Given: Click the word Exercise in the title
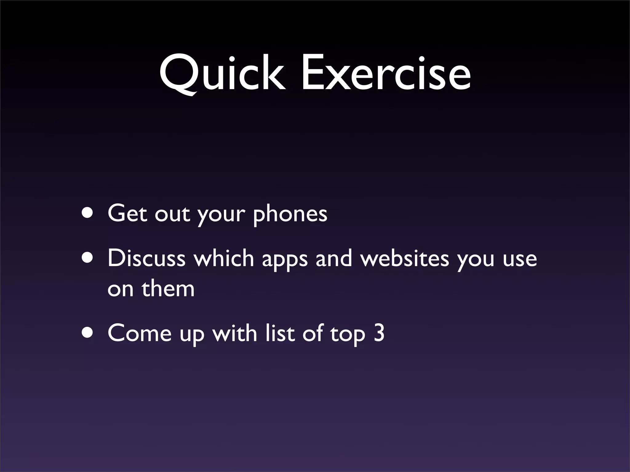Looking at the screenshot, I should (386, 74).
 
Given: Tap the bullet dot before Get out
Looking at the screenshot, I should (87, 213).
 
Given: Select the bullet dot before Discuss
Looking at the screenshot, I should (87, 258).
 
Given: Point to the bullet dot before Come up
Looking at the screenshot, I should (87, 333).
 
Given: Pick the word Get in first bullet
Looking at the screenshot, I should (127, 213).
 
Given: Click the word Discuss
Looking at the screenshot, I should (146, 258).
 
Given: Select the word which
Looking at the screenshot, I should (224, 258).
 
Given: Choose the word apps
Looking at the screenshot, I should (285, 260).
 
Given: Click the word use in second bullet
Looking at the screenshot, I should (520, 260).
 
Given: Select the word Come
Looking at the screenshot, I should (139, 333).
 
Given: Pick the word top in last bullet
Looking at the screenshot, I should (348, 335).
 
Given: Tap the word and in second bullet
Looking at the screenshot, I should (333, 258).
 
